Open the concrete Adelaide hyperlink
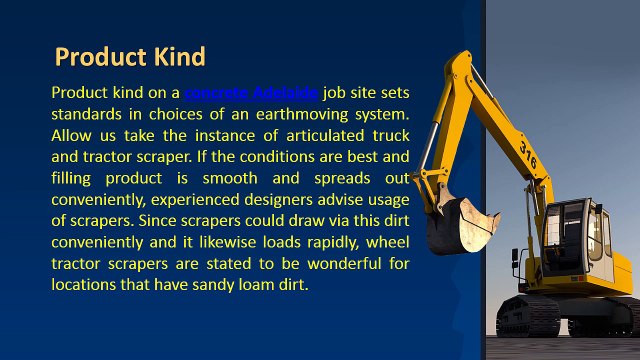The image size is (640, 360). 252,92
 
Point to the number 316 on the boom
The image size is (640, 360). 529,151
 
